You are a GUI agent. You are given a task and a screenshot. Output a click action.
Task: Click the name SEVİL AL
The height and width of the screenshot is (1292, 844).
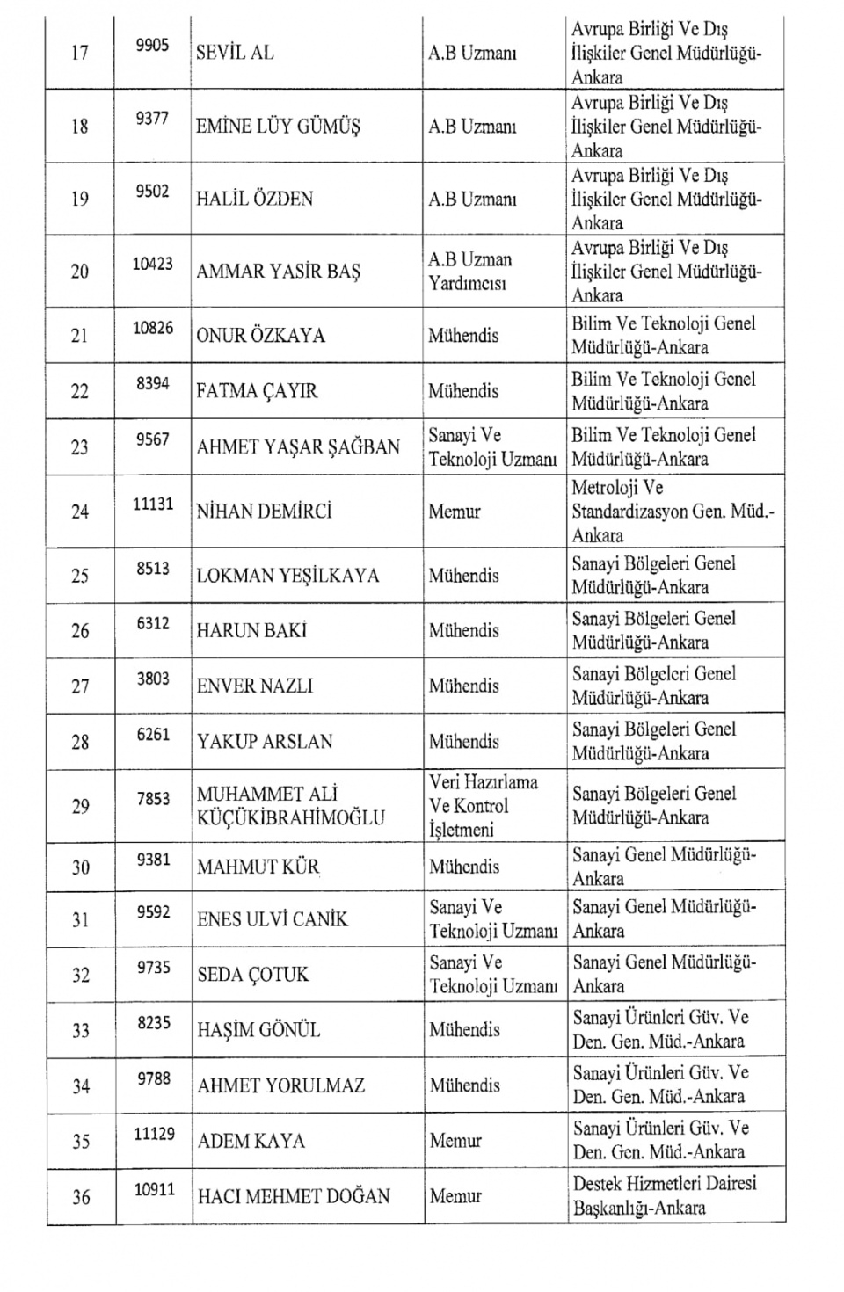pyautogui.click(x=235, y=53)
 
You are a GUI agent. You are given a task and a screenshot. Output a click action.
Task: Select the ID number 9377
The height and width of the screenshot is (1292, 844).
pyautogui.click(x=152, y=119)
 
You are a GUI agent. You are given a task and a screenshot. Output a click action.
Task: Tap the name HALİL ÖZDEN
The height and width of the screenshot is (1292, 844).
pyautogui.click(x=254, y=199)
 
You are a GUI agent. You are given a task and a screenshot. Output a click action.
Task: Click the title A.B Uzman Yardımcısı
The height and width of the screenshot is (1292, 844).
pyautogui.click(x=469, y=272)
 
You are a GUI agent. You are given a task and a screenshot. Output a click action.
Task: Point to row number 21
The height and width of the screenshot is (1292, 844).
pyautogui.click(x=80, y=336)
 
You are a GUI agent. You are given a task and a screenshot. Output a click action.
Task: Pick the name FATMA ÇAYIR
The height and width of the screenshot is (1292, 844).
pyautogui.click(x=257, y=391)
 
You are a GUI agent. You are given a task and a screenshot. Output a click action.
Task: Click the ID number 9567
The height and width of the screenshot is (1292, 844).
pyautogui.click(x=152, y=439)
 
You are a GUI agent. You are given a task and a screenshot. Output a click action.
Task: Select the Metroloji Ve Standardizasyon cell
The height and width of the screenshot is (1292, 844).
pyautogui.click(x=673, y=512)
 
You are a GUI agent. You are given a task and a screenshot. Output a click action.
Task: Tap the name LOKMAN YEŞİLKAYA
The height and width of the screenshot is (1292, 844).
pyautogui.click(x=287, y=576)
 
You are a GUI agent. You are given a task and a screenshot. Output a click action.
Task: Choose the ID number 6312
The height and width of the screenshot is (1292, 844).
pyautogui.click(x=153, y=624)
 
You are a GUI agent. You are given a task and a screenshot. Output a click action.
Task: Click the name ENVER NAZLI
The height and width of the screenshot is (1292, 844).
pyautogui.click(x=255, y=686)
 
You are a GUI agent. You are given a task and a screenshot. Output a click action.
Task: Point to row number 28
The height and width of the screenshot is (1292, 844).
pyautogui.click(x=80, y=742)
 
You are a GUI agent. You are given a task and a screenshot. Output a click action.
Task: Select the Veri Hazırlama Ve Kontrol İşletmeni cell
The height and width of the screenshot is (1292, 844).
pyautogui.click(x=483, y=806)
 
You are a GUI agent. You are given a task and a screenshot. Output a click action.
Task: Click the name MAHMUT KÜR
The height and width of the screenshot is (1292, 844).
pyautogui.click(x=258, y=867)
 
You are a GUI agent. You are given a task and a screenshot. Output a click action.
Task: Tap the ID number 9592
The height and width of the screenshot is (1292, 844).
pyautogui.click(x=153, y=912)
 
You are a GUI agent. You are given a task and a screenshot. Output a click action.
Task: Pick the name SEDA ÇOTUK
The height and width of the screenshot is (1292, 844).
pyautogui.click(x=253, y=975)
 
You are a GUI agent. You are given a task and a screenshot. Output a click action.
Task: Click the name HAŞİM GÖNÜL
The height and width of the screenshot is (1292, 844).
pyautogui.click(x=258, y=1030)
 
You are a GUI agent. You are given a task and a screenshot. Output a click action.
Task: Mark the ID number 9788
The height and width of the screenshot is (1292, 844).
pyautogui.click(x=153, y=1078)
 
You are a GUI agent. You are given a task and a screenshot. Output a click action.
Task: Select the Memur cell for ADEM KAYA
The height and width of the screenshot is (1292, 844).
pyautogui.click(x=455, y=1142)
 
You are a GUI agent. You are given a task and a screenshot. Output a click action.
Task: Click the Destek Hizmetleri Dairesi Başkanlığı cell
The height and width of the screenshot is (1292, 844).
pyautogui.click(x=664, y=1195)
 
